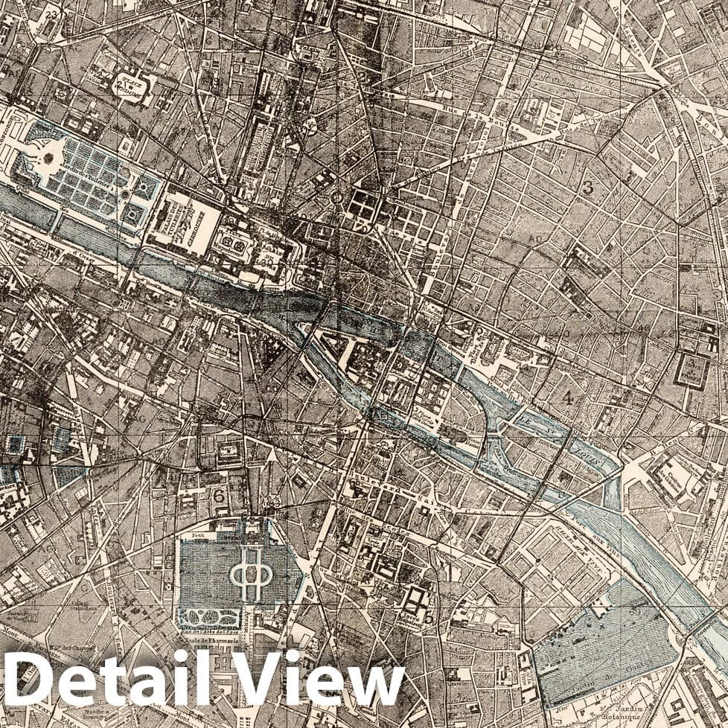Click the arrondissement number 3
[588, 188]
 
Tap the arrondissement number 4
[568, 397]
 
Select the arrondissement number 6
[219, 495]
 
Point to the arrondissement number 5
[428, 616]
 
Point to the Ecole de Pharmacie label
[216, 638]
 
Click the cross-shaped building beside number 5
[415, 599]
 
